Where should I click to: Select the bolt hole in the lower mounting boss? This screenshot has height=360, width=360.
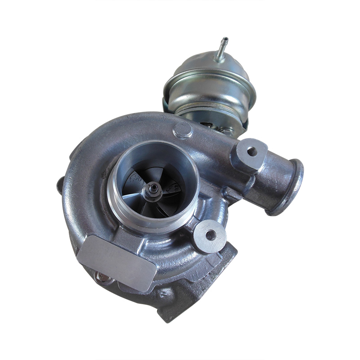[x=210, y=234]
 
